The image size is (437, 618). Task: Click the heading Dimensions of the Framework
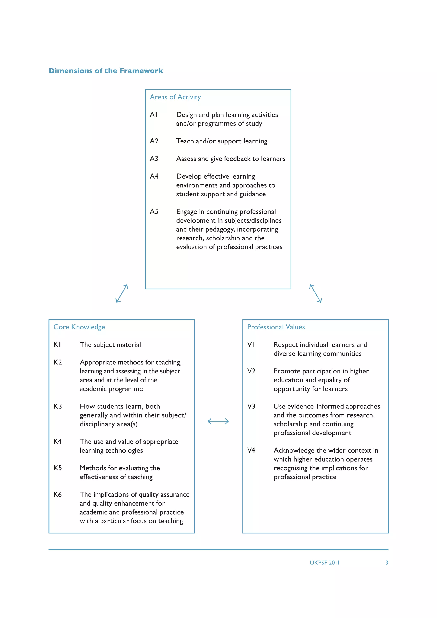[x=106, y=71]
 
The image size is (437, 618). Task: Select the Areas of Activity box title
[x=175, y=97]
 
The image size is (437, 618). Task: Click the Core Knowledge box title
[x=79, y=327]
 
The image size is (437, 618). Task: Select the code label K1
[x=57, y=345]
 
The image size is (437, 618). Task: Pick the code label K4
[x=57, y=442]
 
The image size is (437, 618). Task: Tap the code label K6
[x=57, y=494]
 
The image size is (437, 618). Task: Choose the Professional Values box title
[x=276, y=327]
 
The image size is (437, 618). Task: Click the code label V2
[x=251, y=371]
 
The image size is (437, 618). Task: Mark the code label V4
[x=251, y=450]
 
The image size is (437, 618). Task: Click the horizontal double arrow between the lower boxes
[x=218, y=421]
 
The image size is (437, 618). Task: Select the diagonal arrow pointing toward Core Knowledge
[x=122, y=294]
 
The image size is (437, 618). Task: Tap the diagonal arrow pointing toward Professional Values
[x=315, y=294]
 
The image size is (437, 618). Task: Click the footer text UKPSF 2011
[x=325, y=563]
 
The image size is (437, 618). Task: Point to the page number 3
[x=387, y=563]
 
